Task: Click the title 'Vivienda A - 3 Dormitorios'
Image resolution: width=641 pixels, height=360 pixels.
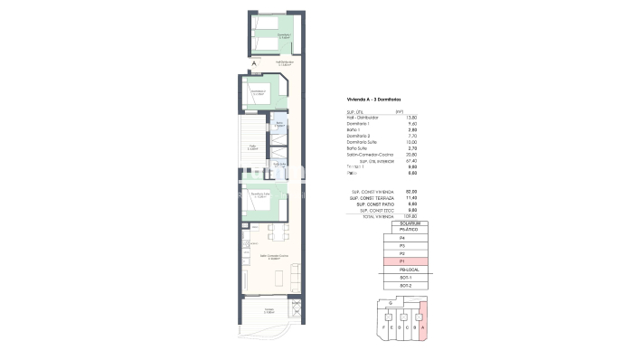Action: (373, 99)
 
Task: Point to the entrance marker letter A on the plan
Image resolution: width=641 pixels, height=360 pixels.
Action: (254, 62)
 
